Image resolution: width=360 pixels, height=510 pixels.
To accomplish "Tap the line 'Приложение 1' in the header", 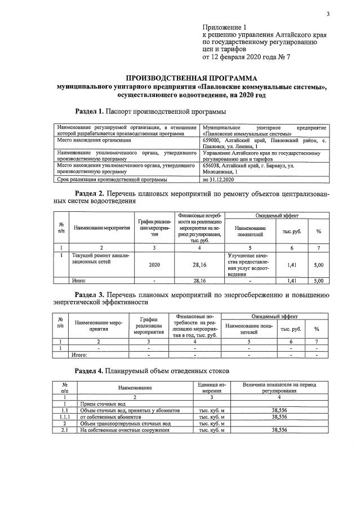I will [x=224, y=27].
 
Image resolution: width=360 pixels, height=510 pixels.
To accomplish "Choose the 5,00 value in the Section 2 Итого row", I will [x=318, y=280].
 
